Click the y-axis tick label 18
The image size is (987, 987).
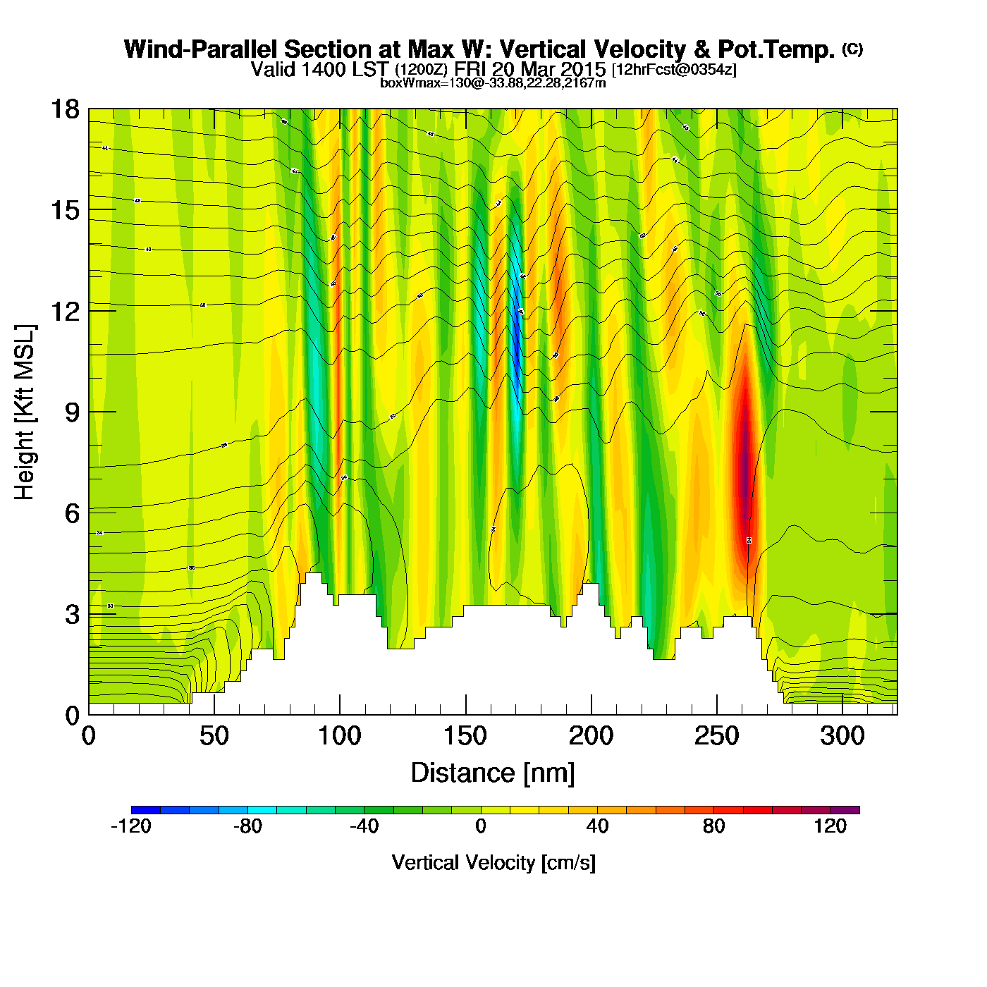pyautogui.click(x=64, y=109)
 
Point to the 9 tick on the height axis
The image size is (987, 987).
pyautogui.click(x=72, y=412)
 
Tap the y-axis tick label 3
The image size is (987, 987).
pyautogui.click(x=72, y=615)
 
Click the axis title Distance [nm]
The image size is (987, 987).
pyautogui.click(x=493, y=773)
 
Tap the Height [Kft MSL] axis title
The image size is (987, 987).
pyautogui.click(x=25, y=412)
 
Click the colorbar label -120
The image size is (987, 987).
pyautogui.click(x=131, y=826)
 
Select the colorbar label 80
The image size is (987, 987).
pyautogui.click(x=713, y=826)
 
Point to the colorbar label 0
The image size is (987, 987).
pyautogui.click(x=481, y=826)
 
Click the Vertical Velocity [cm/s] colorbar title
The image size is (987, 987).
pyautogui.click(x=493, y=863)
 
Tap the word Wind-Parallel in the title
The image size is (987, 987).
pyautogui.click(x=200, y=50)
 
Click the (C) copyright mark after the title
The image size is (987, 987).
pyautogui.click(x=852, y=49)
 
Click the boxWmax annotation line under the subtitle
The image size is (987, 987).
pyautogui.click(x=493, y=83)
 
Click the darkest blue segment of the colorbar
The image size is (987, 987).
pyautogui.click(x=145, y=810)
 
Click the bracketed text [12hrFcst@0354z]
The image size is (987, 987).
pyautogui.click(x=674, y=70)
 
